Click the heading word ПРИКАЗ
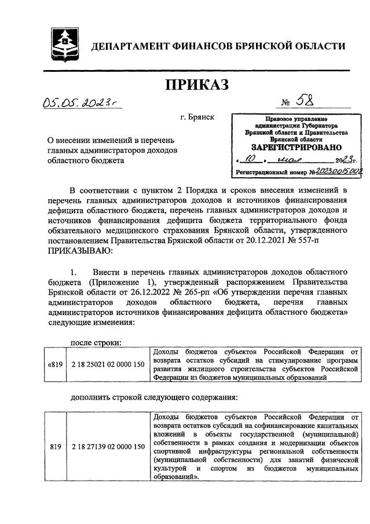coord(197,85)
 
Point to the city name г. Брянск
coord(197,118)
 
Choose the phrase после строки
coord(96,342)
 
